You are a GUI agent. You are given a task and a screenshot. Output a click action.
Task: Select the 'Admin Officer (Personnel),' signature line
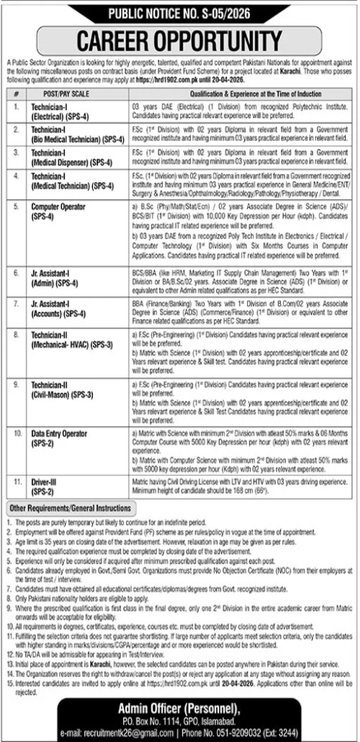tap(180, 704)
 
